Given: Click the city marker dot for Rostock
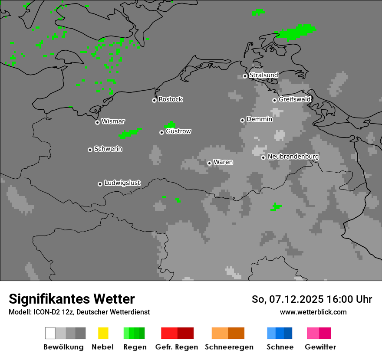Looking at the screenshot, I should coord(154,100).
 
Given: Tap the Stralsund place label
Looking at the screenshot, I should coord(263,75).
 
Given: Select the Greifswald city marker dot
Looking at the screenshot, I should coord(275,100).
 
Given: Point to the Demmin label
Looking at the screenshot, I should coord(259,119).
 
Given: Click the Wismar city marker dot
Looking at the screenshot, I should coord(97,122).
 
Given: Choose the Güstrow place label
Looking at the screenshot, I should coord(178,131).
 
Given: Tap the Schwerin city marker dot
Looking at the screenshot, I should coord(90,150).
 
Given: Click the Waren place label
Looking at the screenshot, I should coord(223,162).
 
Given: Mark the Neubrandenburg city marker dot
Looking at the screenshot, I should coord(263,157).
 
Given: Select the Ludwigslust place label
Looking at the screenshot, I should coord(122,183).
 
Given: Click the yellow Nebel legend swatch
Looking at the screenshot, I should coord(103,333).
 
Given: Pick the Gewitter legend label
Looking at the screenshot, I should coord(320,347).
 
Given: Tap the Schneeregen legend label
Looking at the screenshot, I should coord(229,347).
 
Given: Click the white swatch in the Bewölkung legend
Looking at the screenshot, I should coord(50,333).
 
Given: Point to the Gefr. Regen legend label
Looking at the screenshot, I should coord(177,347).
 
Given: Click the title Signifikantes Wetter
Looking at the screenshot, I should coord(72,299).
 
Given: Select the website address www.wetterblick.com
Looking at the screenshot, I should coord(313,312).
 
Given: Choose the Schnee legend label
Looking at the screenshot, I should coord(280,347).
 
